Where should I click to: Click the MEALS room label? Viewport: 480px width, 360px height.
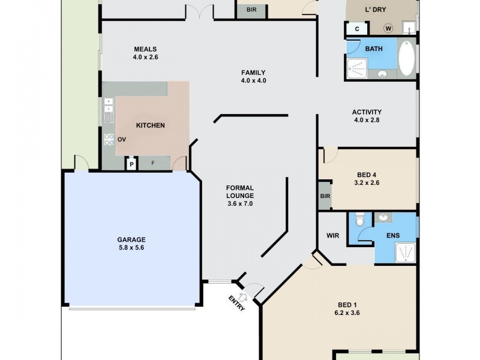click(145, 49)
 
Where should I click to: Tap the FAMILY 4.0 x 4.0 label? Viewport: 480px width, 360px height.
click(253, 73)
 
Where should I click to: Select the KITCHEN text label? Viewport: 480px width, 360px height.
click(150, 125)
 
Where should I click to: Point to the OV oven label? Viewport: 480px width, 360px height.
click(122, 139)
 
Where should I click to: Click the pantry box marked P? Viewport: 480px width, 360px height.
click(131, 163)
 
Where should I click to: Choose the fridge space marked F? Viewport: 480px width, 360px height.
click(153, 163)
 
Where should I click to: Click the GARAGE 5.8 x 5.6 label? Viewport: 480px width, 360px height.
click(131, 239)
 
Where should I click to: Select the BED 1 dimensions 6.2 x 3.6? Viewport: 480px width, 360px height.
click(347, 313)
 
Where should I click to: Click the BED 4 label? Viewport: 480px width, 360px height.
click(366, 175)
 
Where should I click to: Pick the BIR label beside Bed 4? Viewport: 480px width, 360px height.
click(325, 196)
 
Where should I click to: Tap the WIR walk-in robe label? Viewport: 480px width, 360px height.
click(333, 236)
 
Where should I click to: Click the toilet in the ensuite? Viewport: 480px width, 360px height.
click(359, 221)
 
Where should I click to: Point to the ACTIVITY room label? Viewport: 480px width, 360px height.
click(367, 112)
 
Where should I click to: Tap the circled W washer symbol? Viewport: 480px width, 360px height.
click(388, 28)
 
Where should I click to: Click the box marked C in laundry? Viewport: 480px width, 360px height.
click(356, 28)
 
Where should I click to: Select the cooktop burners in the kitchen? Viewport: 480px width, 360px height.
click(109, 139)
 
